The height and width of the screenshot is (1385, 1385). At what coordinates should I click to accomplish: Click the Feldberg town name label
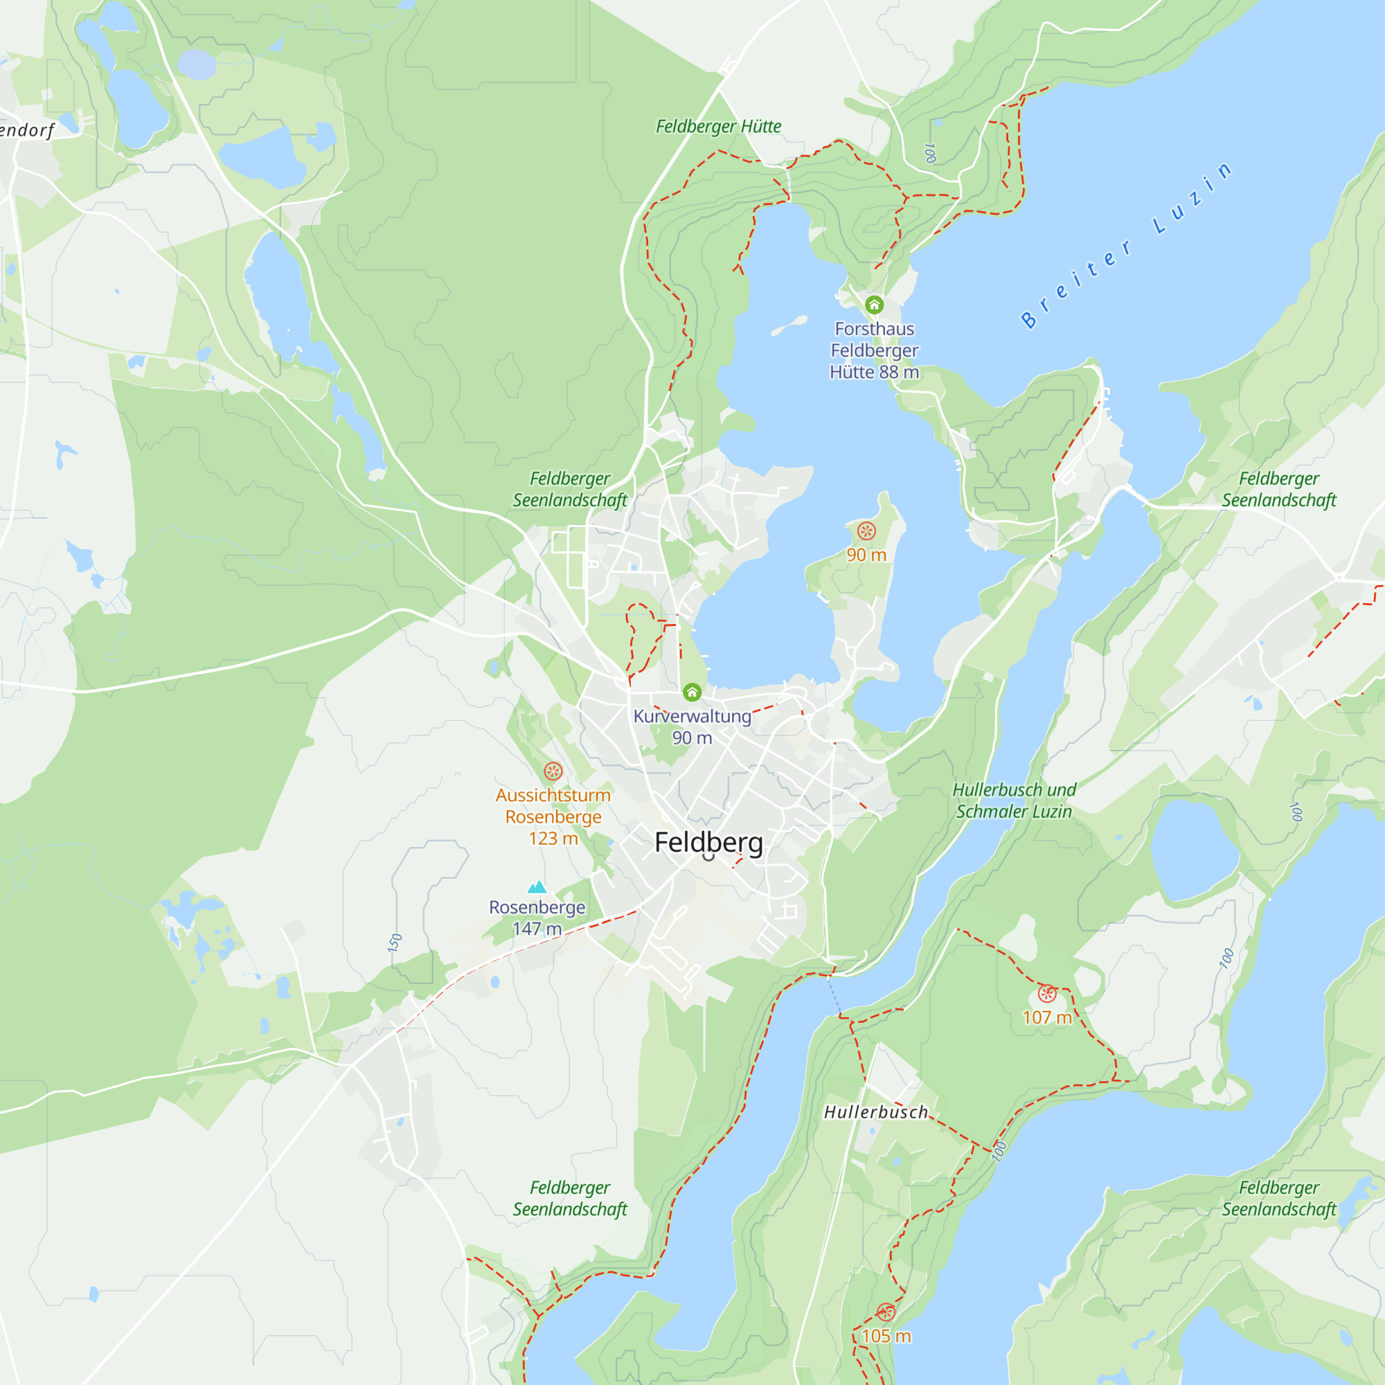(x=708, y=842)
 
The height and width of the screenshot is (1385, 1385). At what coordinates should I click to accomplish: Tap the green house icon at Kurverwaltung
(x=692, y=692)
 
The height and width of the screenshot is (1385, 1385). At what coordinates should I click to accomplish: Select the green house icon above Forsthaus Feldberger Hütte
(x=874, y=305)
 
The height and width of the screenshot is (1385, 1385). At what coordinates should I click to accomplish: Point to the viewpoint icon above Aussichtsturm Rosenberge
(x=553, y=771)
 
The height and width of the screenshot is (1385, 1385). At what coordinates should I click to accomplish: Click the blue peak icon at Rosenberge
(x=537, y=888)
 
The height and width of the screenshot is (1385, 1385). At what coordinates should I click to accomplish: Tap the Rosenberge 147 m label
(x=537, y=918)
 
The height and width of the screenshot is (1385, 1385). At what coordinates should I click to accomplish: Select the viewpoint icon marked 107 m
(x=1046, y=994)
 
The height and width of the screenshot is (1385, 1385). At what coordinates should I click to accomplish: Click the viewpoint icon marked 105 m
(x=886, y=1312)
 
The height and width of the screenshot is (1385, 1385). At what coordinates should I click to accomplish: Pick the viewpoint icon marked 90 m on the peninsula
(x=866, y=530)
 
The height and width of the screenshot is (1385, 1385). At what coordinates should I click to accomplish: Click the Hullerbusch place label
(x=875, y=1112)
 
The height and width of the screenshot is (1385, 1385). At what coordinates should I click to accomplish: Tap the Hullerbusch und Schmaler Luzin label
(x=1014, y=800)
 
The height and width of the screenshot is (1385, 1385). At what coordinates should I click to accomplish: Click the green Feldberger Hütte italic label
(x=718, y=126)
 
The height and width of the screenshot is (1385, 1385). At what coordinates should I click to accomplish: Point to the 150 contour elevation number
(x=395, y=942)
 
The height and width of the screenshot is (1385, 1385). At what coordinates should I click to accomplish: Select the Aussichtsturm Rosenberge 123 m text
(x=553, y=816)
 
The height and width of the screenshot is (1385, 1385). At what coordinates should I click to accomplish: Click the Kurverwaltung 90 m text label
(x=692, y=726)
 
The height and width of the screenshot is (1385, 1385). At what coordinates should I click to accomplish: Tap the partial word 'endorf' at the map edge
(x=27, y=130)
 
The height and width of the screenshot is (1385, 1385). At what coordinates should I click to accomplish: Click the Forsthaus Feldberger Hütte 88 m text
(x=874, y=350)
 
